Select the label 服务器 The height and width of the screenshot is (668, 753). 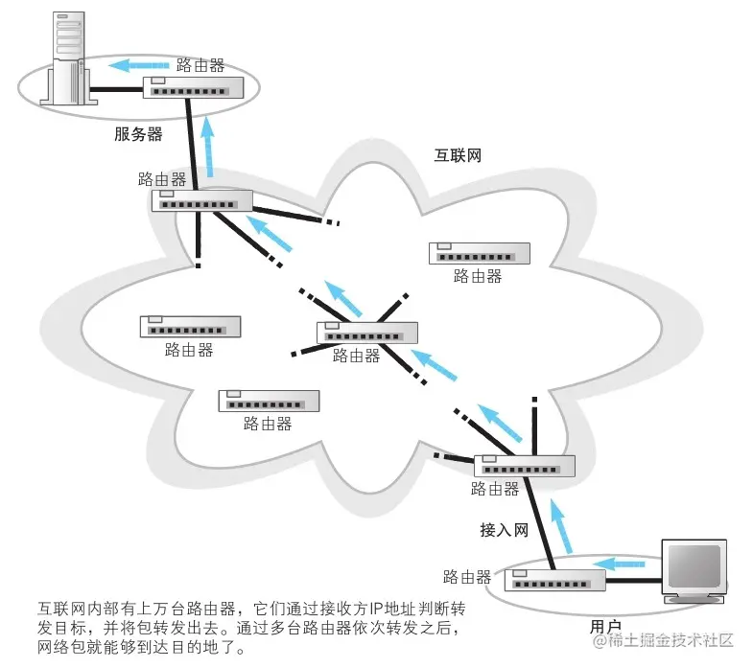138,134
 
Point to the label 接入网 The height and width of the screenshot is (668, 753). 505,530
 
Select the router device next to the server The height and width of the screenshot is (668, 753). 194,87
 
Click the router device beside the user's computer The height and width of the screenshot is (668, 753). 555,581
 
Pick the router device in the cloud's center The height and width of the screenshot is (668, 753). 367,333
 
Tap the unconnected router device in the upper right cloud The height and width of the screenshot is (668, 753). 479,253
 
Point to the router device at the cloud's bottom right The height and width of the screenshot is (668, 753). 524,466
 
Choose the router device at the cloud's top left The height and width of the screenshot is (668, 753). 201,200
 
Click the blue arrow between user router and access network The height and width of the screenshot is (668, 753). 559,527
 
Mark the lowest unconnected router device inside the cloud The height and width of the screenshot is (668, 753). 268,401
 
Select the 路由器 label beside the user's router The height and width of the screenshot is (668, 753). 467,577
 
